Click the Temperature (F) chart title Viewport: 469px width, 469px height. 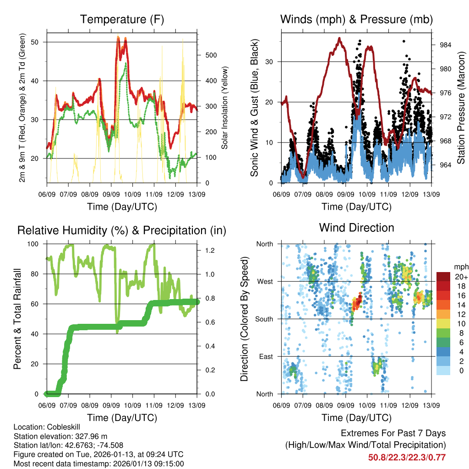pos(122,20)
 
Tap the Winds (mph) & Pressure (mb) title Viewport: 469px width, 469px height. pos(356,20)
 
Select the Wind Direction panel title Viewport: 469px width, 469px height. pos(356,228)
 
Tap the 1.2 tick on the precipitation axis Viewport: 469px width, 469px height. pos(209,251)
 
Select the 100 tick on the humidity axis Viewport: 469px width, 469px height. pos(37,244)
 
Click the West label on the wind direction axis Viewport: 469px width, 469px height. pos(265,281)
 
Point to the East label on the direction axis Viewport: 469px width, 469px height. pos(267,356)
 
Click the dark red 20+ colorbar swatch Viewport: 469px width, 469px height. pos(444,277)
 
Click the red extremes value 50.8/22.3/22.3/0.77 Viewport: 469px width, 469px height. pos(407,457)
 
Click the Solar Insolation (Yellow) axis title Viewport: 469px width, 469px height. pos(224,108)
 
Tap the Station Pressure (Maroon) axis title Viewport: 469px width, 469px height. pos(461,108)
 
